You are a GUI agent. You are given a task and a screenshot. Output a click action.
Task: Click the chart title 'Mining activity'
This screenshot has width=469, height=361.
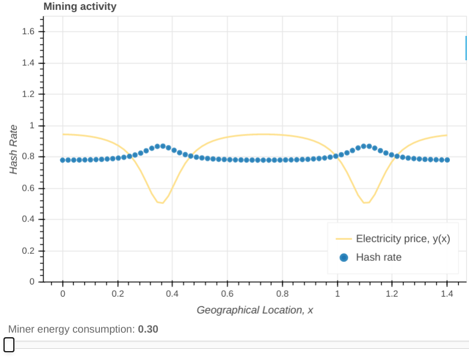(x=80, y=7)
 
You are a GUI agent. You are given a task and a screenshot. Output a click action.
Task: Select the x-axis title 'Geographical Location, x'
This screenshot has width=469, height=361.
(x=254, y=310)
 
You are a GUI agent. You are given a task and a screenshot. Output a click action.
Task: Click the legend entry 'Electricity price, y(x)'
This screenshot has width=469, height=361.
(x=402, y=238)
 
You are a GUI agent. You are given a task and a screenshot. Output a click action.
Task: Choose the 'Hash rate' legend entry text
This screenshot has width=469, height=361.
(x=378, y=257)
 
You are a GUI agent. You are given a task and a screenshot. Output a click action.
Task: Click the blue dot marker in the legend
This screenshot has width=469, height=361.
(x=344, y=257)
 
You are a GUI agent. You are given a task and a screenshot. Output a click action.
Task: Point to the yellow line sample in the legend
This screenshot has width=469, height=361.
(x=344, y=238)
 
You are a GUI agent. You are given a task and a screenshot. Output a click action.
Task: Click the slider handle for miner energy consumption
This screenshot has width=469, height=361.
(x=9, y=345)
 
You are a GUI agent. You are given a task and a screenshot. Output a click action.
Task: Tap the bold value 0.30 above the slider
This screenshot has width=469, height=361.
(x=148, y=329)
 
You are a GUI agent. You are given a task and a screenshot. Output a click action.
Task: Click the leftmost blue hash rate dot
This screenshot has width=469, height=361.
(x=62, y=160)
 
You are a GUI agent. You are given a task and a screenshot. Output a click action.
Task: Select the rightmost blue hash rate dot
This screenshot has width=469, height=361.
(x=447, y=159)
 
